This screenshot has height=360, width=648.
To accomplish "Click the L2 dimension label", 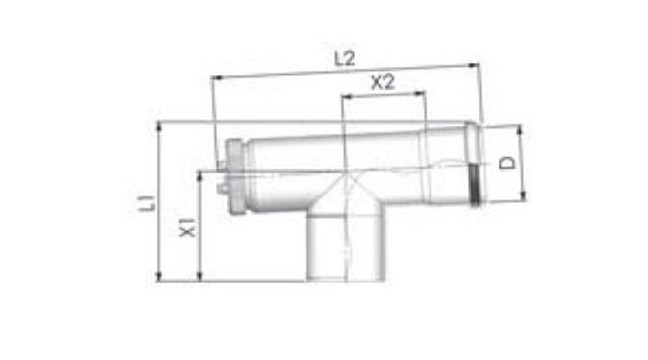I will click(x=345, y=60).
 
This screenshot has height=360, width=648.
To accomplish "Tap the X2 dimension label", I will click(x=383, y=83).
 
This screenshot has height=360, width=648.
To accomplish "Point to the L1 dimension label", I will click(x=148, y=201).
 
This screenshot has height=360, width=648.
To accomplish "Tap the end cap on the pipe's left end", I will click(x=235, y=176).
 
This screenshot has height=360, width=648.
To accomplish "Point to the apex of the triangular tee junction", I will click(x=347, y=174).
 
